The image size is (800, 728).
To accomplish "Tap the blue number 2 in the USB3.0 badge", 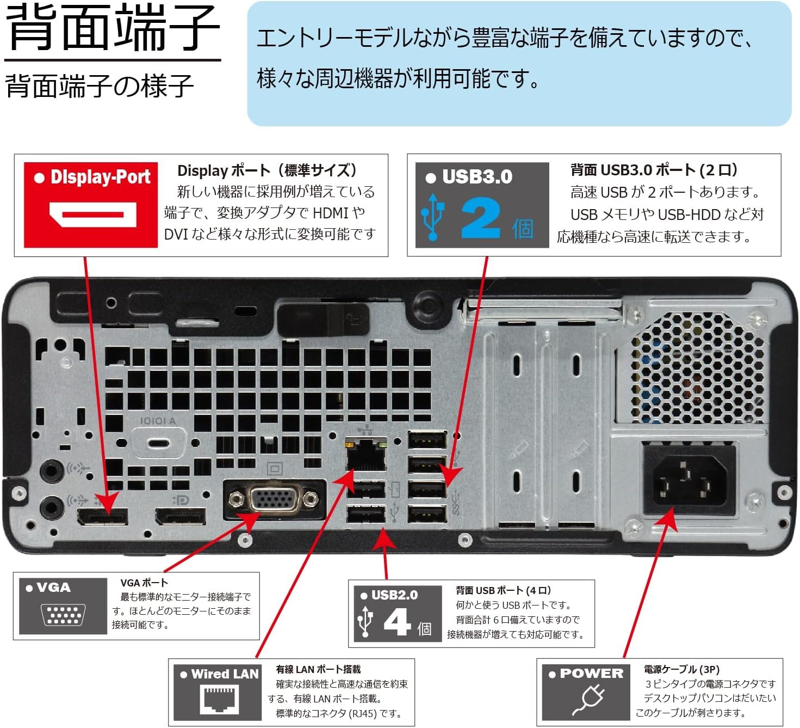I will tap(481, 218).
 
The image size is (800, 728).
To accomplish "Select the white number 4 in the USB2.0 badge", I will tap(396, 621).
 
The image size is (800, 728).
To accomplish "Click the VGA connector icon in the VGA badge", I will tap(62, 614).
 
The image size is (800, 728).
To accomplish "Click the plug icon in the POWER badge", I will tap(588, 700).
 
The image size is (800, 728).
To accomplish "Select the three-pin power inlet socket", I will tap(689, 481).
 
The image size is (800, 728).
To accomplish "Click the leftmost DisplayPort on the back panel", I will tap(103, 516).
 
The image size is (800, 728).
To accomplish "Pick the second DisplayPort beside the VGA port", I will tap(181, 515).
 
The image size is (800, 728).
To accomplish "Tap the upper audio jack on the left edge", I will tap(52, 469).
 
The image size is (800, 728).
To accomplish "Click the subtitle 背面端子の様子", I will tap(100, 86).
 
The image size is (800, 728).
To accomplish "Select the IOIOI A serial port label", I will tap(158, 421).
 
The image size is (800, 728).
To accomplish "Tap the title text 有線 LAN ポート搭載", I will tap(318, 669).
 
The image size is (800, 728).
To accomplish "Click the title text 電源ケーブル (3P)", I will tap(681, 669).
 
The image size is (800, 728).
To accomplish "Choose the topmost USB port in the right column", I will tap(427, 439).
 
